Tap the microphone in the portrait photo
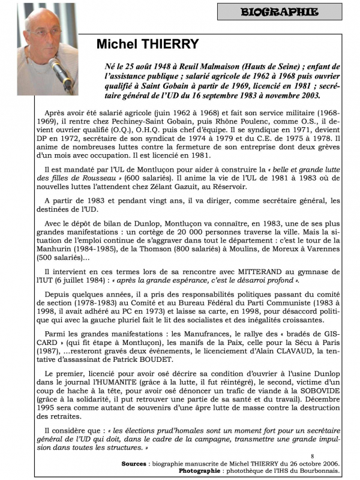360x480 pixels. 62,73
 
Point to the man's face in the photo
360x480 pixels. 45,36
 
